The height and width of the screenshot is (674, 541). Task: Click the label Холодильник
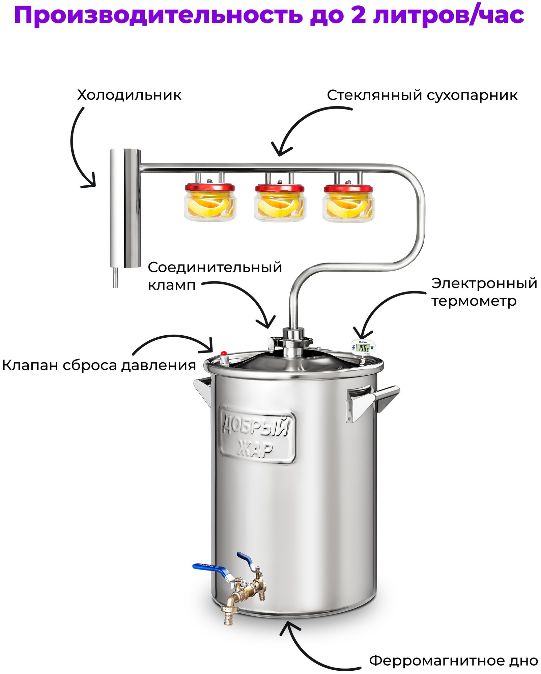pos(129,95)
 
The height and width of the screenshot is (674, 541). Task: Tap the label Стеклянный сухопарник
pos(422,95)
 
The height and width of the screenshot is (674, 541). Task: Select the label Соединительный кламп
pos(215,276)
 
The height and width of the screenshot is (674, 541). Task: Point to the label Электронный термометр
pos(484,292)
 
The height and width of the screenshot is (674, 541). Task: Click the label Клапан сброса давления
pos(99,365)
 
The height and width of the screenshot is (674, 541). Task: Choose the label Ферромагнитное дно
pos(453,661)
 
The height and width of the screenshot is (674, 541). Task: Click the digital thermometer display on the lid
pos(363,347)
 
